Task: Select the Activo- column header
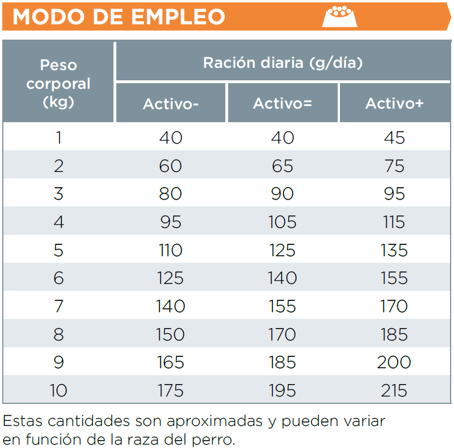click(x=171, y=104)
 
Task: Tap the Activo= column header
click(x=282, y=104)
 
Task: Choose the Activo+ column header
click(x=394, y=104)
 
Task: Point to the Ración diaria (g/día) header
click(x=282, y=62)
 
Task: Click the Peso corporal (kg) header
click(x=59, y=84)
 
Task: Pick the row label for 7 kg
click(x=59, y=306)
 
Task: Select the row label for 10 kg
click(x=59, y=390)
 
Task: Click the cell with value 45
click(x=394, y=137)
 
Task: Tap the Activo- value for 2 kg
click(x=171, y=166)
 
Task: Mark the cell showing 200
click(x=394, y=362)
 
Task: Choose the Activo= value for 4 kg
click(x=282, y=222)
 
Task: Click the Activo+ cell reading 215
click(x=394, y=390)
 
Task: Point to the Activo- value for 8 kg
click(x=171, y=334)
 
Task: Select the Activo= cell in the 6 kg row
click(x=282, y=278)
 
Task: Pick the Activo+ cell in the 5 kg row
click(x=394, y=250)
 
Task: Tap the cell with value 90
click(x=282, y=193)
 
